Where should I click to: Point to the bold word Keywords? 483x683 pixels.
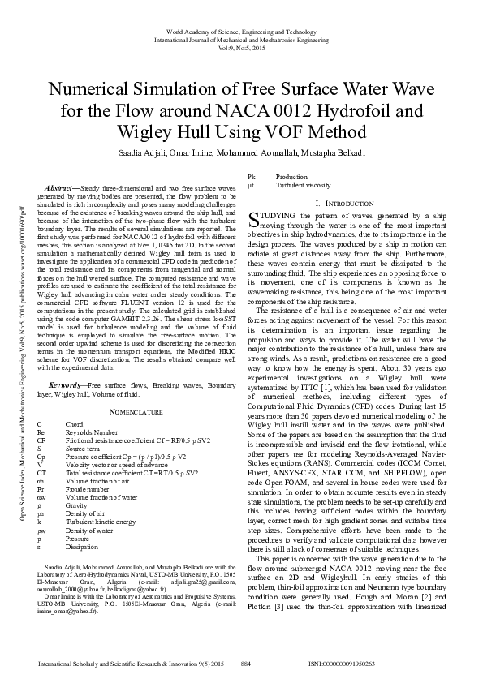click(x=67, y=384)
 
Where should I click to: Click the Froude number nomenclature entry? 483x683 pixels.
click(x=84, y=490)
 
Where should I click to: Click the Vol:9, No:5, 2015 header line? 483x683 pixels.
click(x=241, y=48)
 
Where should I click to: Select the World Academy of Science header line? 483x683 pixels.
click(x=241, y=30)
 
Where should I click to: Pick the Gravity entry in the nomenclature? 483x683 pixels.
click(x=77, y=505)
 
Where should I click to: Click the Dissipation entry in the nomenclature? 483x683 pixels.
click(x=84, y=546)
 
